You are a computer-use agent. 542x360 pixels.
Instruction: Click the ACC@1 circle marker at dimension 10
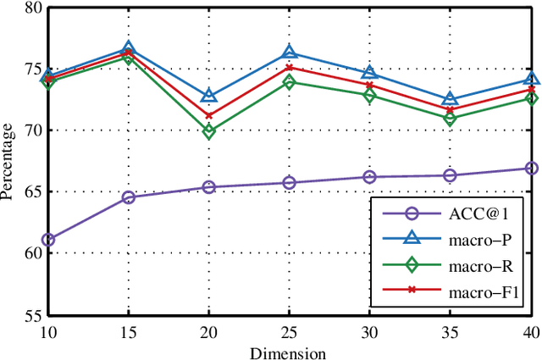coord(48,240)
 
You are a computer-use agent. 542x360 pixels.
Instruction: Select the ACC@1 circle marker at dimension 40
coord(531,169)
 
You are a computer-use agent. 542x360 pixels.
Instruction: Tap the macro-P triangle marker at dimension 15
coord(129,49)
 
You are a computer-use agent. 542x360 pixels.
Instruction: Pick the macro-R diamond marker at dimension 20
coord(209,131)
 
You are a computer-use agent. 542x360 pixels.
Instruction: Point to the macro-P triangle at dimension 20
coord(209,96)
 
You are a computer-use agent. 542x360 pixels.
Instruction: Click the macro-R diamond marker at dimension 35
coord(451,119)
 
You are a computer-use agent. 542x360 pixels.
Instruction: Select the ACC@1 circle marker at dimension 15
coord(129,197)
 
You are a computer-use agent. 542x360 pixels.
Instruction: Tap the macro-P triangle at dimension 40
coord(531,80)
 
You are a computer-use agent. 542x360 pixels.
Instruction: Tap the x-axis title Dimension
coord(290,352)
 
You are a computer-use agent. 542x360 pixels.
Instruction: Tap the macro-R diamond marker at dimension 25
coord(290,82)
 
